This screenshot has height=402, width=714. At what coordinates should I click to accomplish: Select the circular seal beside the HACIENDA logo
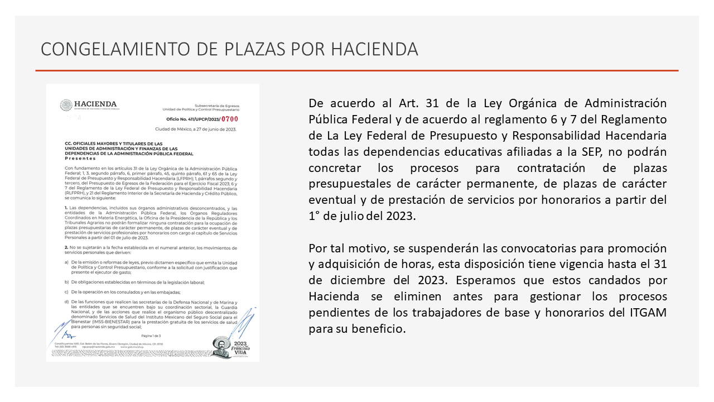66,106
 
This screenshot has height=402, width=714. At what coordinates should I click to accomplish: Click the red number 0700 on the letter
230,119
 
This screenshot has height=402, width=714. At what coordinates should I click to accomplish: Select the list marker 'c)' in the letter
66,292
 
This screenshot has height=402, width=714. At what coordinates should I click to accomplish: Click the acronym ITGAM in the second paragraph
648,313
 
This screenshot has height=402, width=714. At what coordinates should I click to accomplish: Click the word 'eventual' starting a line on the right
330,200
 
